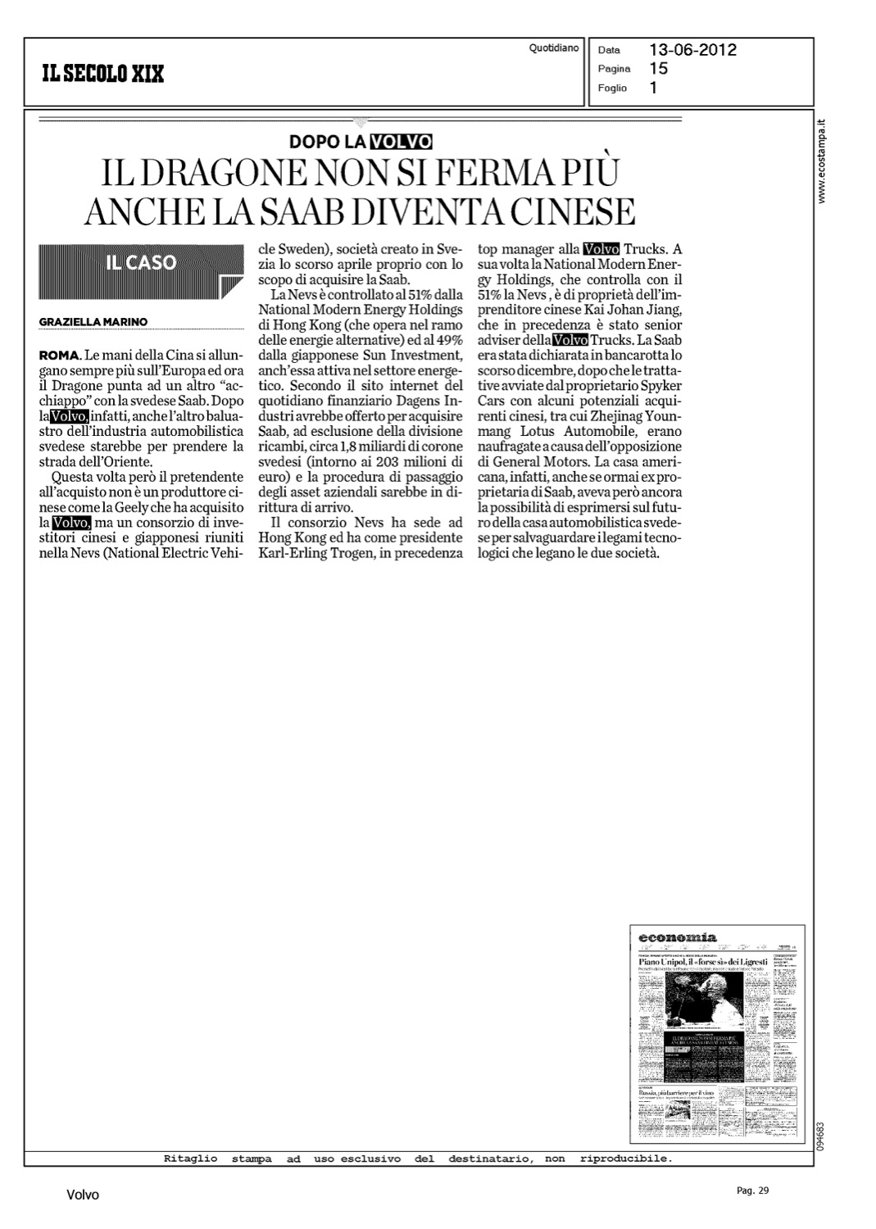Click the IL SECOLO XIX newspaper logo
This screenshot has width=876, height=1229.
click(103, 74)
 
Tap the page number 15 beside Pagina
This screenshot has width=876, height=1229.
click(658, 69)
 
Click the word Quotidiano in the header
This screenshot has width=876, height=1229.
click(554, 48)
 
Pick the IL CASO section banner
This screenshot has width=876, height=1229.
click(141, 263)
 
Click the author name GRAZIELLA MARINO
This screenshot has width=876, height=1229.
click(93, 322)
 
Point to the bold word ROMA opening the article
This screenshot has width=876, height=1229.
click(58, 355)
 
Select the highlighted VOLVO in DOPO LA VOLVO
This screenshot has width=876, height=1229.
click(401, 141)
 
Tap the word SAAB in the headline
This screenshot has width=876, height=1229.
click(428, 211)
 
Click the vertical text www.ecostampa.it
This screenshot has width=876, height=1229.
click(824, 161)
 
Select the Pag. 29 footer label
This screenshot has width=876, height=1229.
click(752, 1190)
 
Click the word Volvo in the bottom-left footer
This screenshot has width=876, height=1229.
click(83, 1195)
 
